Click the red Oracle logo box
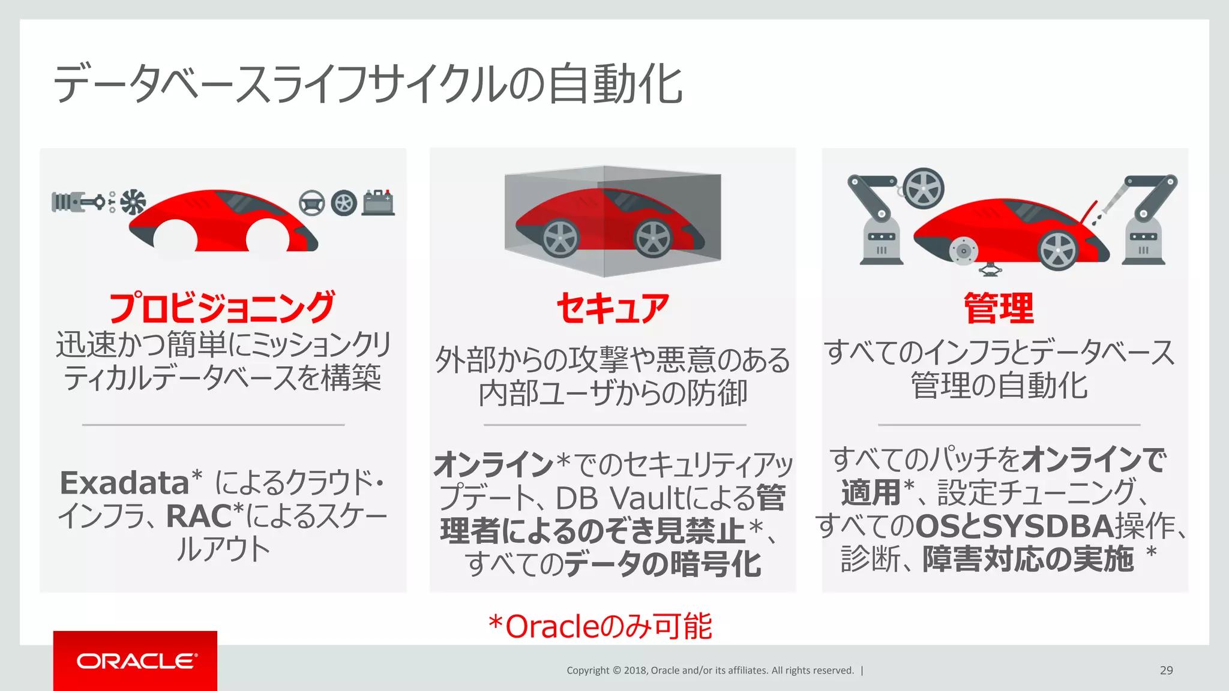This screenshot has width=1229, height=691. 135,660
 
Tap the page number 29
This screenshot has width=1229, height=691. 1166,671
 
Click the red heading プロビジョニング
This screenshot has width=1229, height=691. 222,307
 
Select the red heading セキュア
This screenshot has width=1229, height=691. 613,308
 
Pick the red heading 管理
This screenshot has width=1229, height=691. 999,308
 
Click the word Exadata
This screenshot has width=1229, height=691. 125,483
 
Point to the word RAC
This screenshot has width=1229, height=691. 199,516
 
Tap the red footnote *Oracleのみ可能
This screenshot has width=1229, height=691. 600,626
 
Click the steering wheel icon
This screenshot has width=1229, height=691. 312,203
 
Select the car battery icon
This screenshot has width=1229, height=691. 378,202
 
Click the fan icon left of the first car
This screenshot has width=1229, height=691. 133,202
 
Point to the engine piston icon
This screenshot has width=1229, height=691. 78,202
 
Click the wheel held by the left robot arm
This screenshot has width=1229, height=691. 923,188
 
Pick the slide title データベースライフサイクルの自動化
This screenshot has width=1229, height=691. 367,84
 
